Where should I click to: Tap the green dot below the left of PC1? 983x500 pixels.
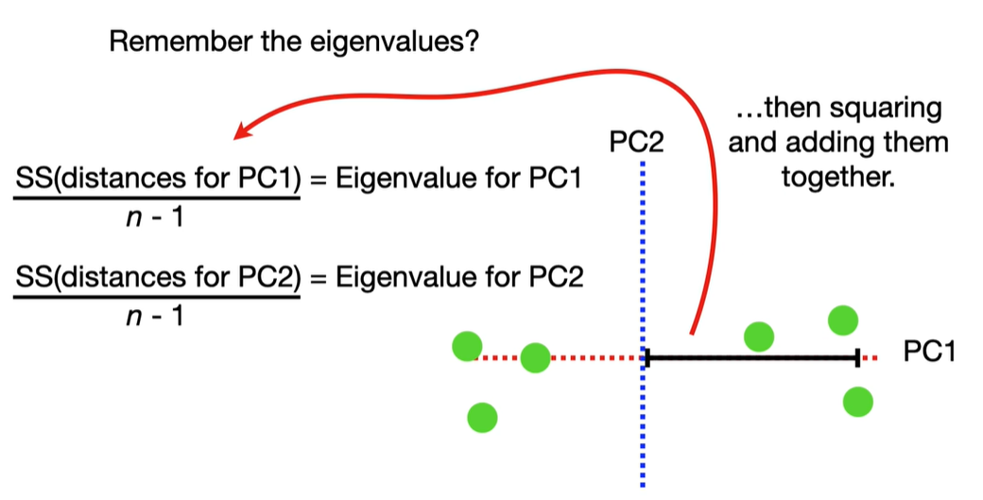(482, 416)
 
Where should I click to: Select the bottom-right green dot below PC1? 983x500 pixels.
(857, 402)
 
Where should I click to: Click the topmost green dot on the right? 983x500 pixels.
(843, 319)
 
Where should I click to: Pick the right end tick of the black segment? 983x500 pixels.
(856, 357)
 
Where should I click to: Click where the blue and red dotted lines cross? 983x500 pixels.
(644, 357)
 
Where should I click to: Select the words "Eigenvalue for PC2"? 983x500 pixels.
(457, 278)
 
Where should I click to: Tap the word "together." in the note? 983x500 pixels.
(837, 176)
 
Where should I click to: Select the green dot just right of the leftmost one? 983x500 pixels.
(535, 357)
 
